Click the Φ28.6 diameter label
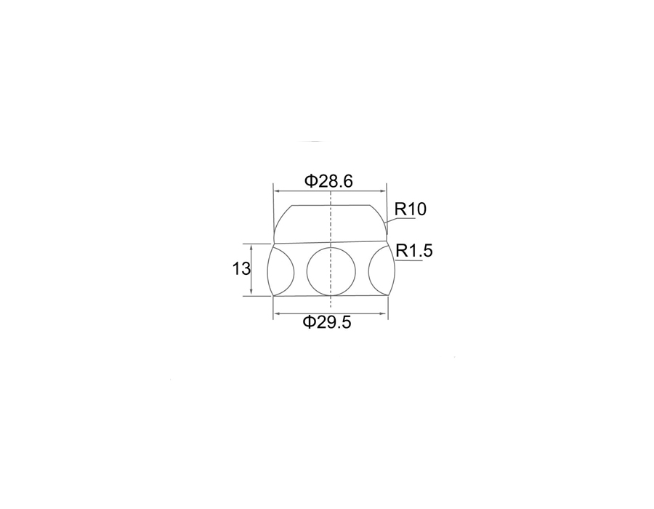pyautogui.click(x=328, y=181)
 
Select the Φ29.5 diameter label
pyautogui.click(x=327, y=322)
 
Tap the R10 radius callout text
pyautogui.click(x=411, y=209)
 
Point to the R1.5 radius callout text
pyautogui.click(x=414, y=250)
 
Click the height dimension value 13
pyautogui.click(x=241, y=269)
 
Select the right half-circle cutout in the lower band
pyautogui.click(x=368, y=271)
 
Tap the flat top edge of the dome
pyautogui.click(x=331, y=205)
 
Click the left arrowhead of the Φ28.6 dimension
pyautogui.click(x=276, y=191)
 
